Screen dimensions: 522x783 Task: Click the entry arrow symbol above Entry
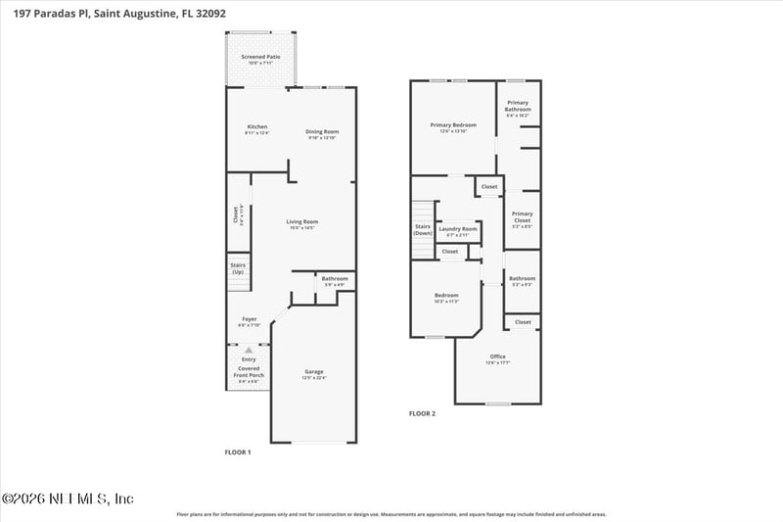pos(249,350)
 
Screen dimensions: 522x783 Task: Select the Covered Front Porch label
pos(249,373)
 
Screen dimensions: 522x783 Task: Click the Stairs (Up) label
pos(238,268)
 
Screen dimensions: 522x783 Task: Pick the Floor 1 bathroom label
pos(335,281)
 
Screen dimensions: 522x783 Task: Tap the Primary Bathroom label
pos(518,109)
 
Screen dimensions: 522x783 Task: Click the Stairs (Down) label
pos(423,230)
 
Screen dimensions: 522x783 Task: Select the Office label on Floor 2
pos(497,359)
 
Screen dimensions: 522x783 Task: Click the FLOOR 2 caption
pos(422,413)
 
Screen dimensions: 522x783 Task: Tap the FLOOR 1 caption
pos(238,451)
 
